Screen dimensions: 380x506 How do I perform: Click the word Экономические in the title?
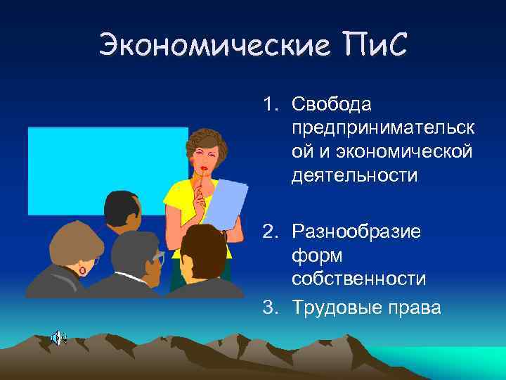coord(211,46)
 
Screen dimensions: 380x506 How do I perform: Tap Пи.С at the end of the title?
coord(369,46)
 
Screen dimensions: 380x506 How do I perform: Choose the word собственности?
coord(359,279)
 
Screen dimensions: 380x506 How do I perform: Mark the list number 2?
coord(270,232)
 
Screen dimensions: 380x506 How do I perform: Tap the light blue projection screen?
coord(77,169)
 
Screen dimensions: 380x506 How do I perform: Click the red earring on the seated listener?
coord(83,270)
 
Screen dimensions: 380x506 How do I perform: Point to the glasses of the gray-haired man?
coord(159,257)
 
